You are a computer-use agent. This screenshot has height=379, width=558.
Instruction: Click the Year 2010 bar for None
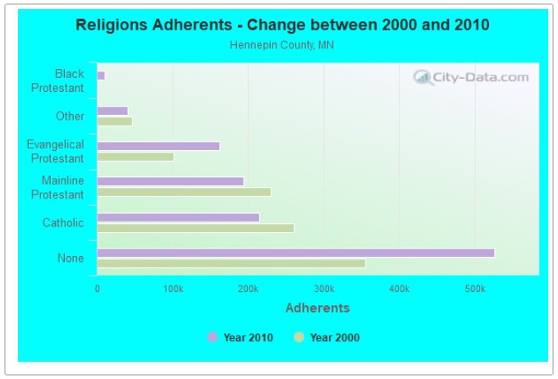pyautogui.click(x=295, y=253)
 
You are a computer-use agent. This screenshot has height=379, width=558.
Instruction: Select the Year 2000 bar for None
pyautogui.click(x=231, y=263)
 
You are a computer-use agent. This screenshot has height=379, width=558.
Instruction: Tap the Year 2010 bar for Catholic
pyautogui.click(x=178, y=217)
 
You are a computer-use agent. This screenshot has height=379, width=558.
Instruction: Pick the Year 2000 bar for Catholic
pyautogui.click(x=195, y=228)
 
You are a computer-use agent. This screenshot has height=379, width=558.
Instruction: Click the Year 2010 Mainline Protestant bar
pyautogui.click(x=170, y=181)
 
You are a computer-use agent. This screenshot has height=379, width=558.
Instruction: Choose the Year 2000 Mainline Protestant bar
pyautogui.click(x=184, y=192)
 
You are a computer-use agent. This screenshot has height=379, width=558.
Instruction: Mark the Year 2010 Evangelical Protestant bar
pyautogui.click(x=158, y=146)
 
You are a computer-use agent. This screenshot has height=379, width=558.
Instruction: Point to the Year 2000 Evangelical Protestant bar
pyautogui.click(x=135, y=157)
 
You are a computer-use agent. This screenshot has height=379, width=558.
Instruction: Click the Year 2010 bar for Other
pyautogui.click(x=112, y=111)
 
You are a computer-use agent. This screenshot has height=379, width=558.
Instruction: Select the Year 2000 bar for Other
pyautogui.click(x=114, y=121)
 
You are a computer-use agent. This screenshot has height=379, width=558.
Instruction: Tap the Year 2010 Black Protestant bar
pyautogui.click(x=101, y=75)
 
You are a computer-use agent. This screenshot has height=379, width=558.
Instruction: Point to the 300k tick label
pyautogui.click(x=323, y=289)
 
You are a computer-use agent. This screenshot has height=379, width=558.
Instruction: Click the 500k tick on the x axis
pyautogui.click(x=474, y=289)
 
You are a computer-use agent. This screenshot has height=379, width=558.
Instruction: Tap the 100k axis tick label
pyautogui.click(x=172, y=289)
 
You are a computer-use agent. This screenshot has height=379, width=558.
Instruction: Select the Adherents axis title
pyautogui.click(x=317, y=308)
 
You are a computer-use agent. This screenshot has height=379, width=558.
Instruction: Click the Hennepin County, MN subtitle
pyautogui.click(x=281, y=45)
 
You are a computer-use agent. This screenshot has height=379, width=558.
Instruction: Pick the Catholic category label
pyautogui.click(x=63, y=223)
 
